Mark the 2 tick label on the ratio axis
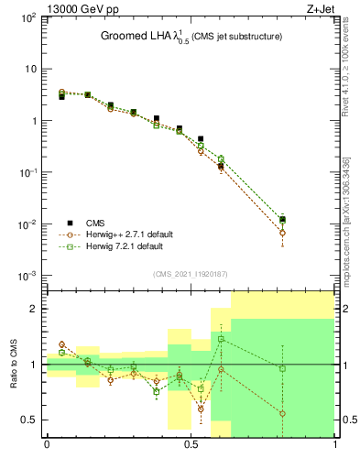[x=33, y=309]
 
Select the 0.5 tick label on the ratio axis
[x=29, y=420]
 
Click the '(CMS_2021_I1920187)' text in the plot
[x=190, y=274]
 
